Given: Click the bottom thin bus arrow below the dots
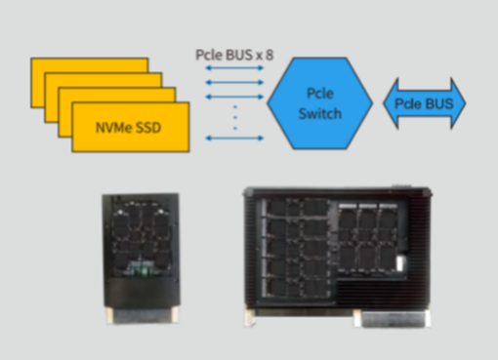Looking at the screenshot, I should click(x=235, y=138).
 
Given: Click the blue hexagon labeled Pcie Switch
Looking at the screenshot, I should click(x=319, y=103).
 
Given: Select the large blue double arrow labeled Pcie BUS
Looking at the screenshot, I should click(x=425, y=101).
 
